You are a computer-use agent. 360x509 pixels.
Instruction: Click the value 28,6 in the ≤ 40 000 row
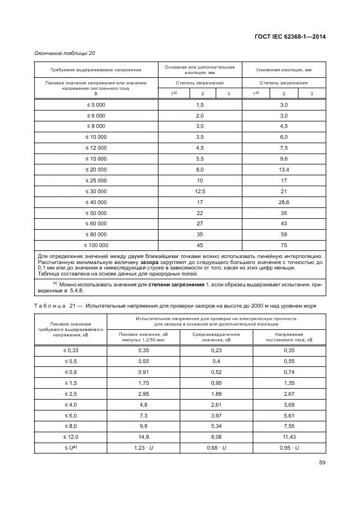(x=283, y=203)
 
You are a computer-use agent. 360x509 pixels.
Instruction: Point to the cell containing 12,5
(x=199, y=191)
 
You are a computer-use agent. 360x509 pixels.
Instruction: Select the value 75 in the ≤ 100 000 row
(x=283, y=245)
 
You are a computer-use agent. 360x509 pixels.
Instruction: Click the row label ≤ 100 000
(x=96, y=245)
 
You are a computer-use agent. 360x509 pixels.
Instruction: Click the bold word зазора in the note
(x=149, y=262)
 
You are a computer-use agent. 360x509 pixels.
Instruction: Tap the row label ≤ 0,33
(x=71, y=350)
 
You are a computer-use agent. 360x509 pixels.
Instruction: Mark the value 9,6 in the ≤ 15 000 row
(x=283, y=158)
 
